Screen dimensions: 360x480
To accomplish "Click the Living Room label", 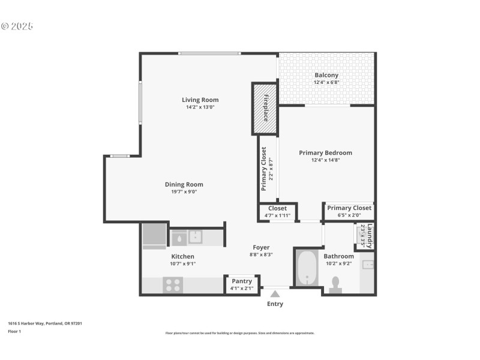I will point(200,100).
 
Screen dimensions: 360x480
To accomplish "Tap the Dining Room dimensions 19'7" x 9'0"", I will point(184,192).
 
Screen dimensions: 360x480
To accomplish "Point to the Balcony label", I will point(326,75).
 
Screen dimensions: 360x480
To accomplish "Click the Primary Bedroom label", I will point(325,153).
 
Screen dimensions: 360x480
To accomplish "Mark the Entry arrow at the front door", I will point(275,294).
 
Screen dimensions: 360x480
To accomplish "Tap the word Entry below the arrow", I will point(275,304).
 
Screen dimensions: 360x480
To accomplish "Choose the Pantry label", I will point(242,281).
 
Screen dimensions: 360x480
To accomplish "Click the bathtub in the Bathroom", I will point(307,268).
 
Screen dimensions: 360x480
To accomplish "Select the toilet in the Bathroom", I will point(335,284).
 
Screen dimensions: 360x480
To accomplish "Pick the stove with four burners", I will point(173,284).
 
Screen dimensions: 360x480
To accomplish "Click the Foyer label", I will point(261,247).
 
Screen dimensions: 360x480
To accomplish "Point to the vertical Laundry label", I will point(370,236).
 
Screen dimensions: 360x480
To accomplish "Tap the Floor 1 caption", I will point(14,331).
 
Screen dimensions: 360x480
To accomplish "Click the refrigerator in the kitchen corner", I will point(154,236).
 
